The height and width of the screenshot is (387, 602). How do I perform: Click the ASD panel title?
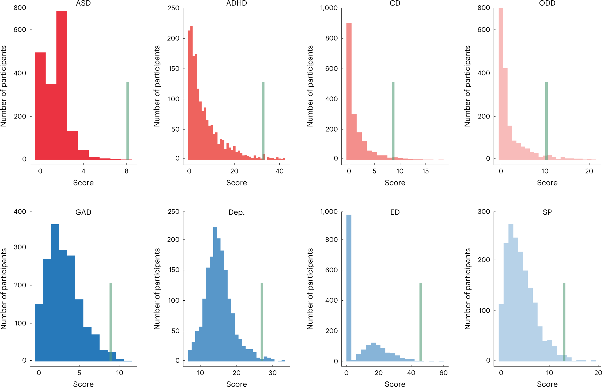[83, 3]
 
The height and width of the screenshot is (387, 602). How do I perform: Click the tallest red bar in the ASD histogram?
[62, 83]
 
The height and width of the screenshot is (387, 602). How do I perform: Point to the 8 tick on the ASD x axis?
[127, 171]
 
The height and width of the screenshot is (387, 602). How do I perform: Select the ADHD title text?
[236, 3]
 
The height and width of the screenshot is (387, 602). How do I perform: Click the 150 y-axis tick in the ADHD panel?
[174, 69]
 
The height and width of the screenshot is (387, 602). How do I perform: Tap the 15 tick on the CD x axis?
[425, 171]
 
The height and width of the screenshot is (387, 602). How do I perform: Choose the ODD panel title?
[547, 3]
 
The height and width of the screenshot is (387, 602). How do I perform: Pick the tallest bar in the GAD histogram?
[55, 291]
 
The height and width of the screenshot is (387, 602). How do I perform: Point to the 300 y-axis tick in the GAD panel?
[20, 247]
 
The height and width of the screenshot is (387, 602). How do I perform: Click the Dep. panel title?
[236, 212]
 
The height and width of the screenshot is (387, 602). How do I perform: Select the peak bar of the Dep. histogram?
[215, 294]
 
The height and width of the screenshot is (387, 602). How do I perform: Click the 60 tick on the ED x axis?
[444, 373]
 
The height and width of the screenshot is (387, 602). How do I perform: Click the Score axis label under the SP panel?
[547, 384]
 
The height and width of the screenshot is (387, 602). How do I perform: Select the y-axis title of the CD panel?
[310, 86]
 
